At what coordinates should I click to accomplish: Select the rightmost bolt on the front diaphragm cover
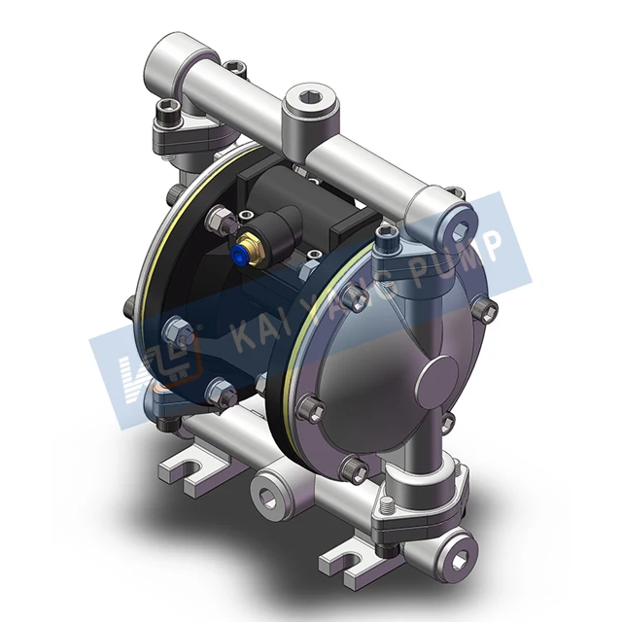(490, 310)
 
